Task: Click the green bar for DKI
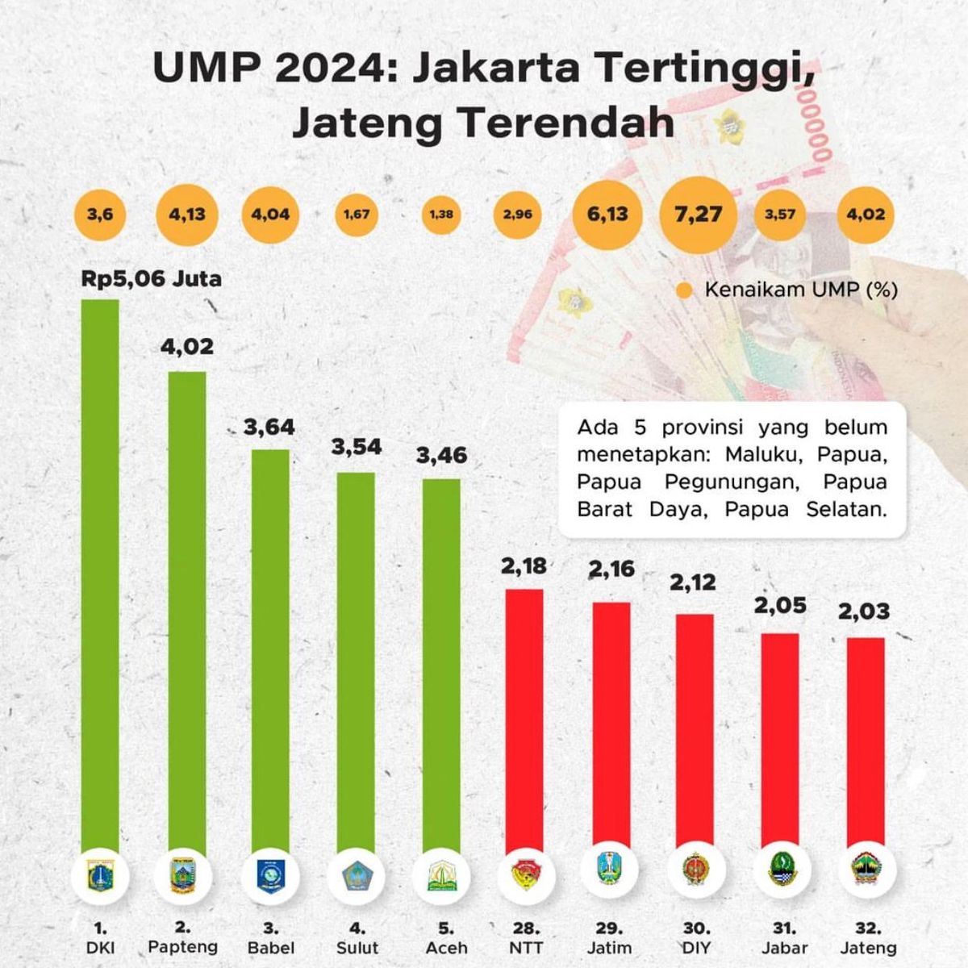[x=100, y=573]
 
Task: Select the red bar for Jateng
[x=866, y=742]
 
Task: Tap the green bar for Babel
[x=271, y=645]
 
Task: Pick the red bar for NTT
[x=524, y=718]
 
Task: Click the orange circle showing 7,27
[x=698, y=215]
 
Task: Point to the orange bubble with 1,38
[x=441, y=215]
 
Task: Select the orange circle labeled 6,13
[x=607, y=215]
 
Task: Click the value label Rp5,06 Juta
[x=151, y=279]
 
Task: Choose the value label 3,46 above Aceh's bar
[x=441, y=456]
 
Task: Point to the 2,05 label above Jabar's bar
[x=780, y=605]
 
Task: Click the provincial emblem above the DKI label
[x=100, y=875]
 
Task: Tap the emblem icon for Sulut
[x=356, y=875]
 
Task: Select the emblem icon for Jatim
[x=609, y=871]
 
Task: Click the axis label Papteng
[x=183, y=946]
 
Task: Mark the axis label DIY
[x=696, y=948]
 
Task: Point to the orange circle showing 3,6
[x=100, y=215]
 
